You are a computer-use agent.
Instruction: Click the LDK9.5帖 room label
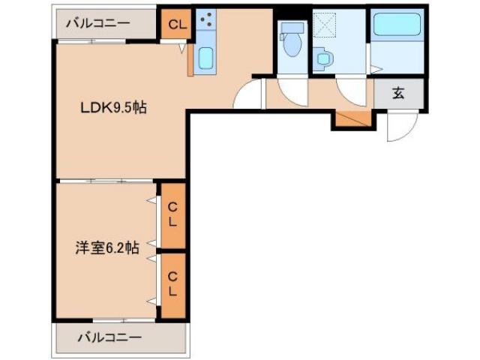click(112, 107)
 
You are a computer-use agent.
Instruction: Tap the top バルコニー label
click(97, 22)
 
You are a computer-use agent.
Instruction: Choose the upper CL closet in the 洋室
click(172, 214)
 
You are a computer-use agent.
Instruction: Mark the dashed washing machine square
click(327, 25)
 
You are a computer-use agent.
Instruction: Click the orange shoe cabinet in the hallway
click(352, 118)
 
